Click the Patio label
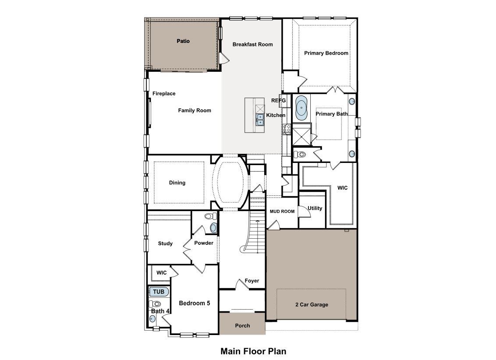coord(183,41)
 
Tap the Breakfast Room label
coord(252,44)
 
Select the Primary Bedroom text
coord(326,53)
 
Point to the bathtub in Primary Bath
coord(301,107)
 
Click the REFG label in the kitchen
coord(278,100)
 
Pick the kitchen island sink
coord(260,119)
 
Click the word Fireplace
coord(164,93)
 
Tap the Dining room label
coord(177,183)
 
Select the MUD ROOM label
coord(282,212)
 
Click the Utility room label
coord(315,208)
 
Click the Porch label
coord(242,325)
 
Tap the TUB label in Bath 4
coord(158,292)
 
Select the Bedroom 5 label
coord(194,303)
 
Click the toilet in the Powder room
coord(211,216)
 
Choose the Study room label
coord(165,244)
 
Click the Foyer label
coord(252,281)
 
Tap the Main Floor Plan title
coord(253,351)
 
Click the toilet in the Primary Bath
coord(301,154)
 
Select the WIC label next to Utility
coord(342,187)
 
